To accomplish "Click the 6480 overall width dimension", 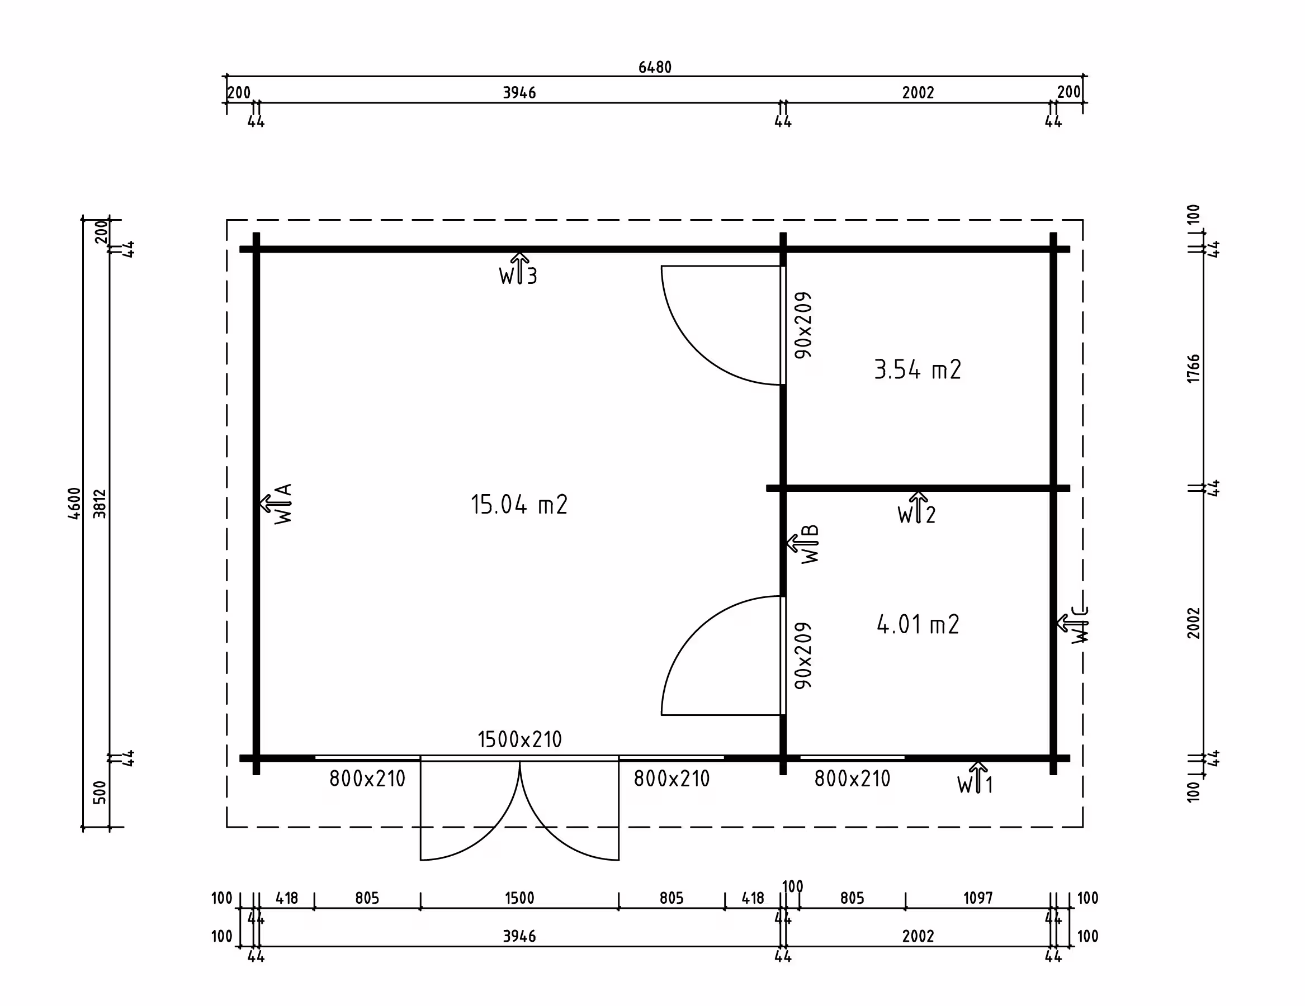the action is point(655,67).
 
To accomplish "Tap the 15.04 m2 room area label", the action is point(519,505).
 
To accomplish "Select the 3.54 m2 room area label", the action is point(917,370).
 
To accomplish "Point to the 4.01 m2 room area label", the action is point(918,624).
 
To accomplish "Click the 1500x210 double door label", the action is point(519,739).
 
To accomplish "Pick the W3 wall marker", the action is point(519,269).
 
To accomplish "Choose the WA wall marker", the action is point(276,504).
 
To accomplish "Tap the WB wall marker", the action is point(802,544).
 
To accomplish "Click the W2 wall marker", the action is point(916,509).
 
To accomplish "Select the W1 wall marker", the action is point(975,778).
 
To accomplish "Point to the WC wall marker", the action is point(1073,624).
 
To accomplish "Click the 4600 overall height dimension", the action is point(74,504).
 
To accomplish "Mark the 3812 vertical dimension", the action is point(100,504).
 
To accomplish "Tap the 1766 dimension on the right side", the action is point(1193,369).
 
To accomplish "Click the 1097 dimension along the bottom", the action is point(977,899).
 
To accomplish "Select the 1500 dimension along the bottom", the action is point(519,899).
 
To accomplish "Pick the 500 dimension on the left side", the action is point(100,792).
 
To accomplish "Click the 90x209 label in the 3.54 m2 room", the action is point(803,325).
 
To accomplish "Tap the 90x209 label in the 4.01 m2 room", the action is point(803,656).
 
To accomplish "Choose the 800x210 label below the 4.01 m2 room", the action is point(852,779).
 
